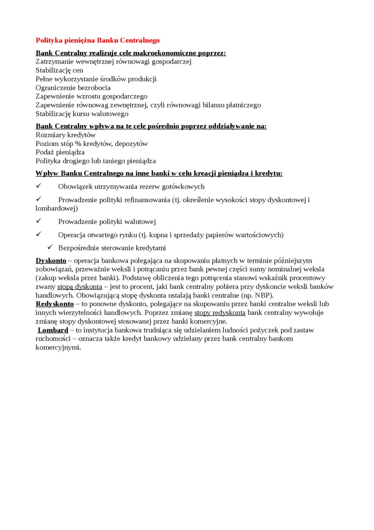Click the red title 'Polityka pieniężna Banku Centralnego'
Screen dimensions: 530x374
click(97, 40)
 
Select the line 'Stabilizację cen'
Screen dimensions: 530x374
click(60, 71)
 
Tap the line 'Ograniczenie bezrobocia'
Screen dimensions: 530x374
click(73, 88)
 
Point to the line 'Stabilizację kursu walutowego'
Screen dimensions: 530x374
click(82, 114)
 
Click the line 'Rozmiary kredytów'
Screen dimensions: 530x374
click(65, 135)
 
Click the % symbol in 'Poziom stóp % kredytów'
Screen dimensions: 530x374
click(78, 143)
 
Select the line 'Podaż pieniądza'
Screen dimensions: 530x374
click(60, 152)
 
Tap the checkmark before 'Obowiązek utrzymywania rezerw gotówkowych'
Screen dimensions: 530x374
click(39, 186)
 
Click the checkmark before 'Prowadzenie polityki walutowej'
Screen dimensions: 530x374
click(39, 221)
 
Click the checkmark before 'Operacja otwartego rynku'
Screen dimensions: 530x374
click(39, 235)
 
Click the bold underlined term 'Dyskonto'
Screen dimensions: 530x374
click(51, 260)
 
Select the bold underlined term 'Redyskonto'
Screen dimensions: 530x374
click(55, 304)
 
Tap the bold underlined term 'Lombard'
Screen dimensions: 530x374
click(53, 330)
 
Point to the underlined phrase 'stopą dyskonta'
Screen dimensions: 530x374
click(80, 286)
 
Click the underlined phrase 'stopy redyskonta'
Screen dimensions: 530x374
click(220, 313)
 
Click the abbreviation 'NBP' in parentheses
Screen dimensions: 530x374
click(263, 295)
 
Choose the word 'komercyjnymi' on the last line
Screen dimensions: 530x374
click(58, 347)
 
